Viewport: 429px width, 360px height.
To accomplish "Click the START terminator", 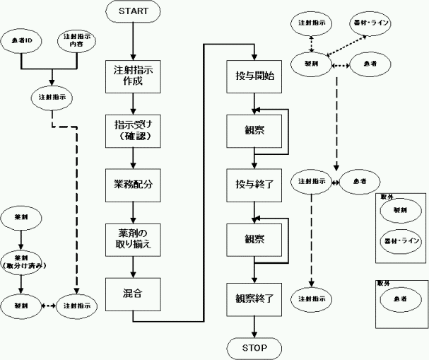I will point(133,12).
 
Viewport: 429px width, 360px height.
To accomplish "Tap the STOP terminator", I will point(254,348).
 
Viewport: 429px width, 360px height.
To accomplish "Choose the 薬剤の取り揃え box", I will point(133,238).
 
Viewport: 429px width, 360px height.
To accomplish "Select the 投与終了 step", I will point(254,184).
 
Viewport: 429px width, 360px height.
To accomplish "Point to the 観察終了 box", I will point(254,298).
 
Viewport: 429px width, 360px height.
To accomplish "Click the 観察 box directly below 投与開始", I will point(254,130).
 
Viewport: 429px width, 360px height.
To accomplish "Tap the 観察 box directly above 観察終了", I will point(254,238).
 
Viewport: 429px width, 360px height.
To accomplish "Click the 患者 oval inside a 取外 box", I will point(400,300).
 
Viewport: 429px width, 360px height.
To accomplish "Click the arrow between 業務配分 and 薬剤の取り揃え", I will point(133,211).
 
